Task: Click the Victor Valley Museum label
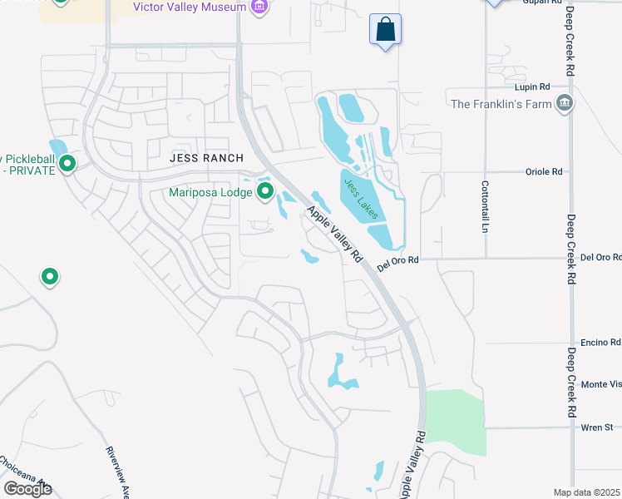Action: pos(190,7)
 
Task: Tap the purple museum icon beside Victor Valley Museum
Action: pos(260,7)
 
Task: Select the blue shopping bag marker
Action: pos(385,30)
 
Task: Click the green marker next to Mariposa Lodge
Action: pos(265,192)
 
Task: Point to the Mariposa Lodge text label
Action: pos(210,192)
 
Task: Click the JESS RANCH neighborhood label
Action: pos(206,158)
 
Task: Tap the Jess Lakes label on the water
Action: pos(361,197)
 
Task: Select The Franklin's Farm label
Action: pos(501,104)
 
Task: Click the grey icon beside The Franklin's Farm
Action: pos(565,103)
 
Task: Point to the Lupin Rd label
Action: pos(533,86)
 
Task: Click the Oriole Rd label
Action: pos(544,171)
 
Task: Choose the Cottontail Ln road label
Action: pos(484,207)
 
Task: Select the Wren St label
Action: pos(596,427)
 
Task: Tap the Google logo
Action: pos(27,489)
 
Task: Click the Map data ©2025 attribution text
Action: pos(587,492)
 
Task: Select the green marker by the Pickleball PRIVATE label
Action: pos(68,164)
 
